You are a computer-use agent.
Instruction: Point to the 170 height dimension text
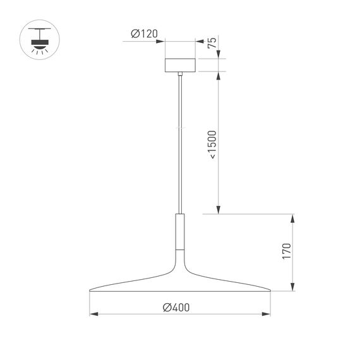(x=286, y=251)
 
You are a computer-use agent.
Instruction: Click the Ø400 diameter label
(x=176, y=307)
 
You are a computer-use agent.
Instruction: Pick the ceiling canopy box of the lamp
(x=181, y=65)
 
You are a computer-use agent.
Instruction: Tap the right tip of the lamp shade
(x=270, y=291)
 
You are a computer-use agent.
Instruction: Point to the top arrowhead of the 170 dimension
(x=292, y=217)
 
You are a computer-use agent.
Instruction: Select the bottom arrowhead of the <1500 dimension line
(x=218, y=212)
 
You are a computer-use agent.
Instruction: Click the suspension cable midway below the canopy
(x=181, y=145)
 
